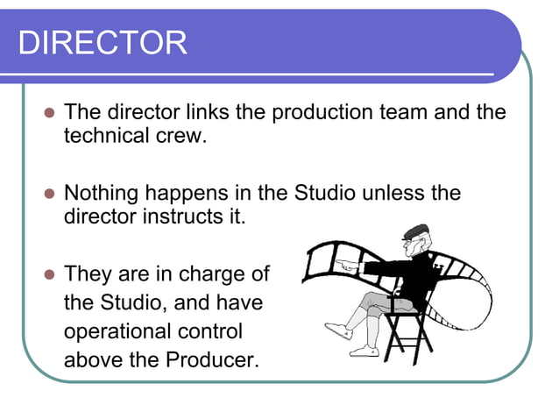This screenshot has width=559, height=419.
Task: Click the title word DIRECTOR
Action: [x=103, y=42]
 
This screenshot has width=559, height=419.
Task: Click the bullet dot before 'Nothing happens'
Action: [x=48, y=194]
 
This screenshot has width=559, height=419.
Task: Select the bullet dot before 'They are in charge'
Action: [x=48, y=274]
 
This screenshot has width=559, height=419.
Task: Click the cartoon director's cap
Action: [x=414, y=233]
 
